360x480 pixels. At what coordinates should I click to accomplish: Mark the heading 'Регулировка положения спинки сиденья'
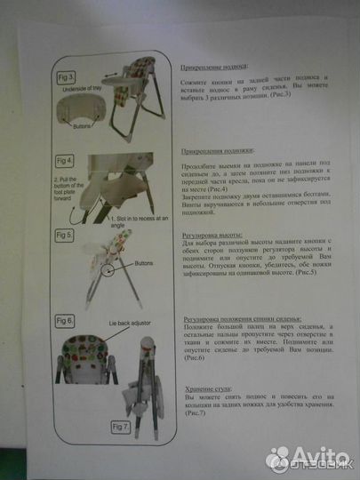(x=242, y=317)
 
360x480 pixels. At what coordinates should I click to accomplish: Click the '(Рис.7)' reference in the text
(x=195, y=415)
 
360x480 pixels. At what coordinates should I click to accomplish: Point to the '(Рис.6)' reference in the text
(x=195, y=357)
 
